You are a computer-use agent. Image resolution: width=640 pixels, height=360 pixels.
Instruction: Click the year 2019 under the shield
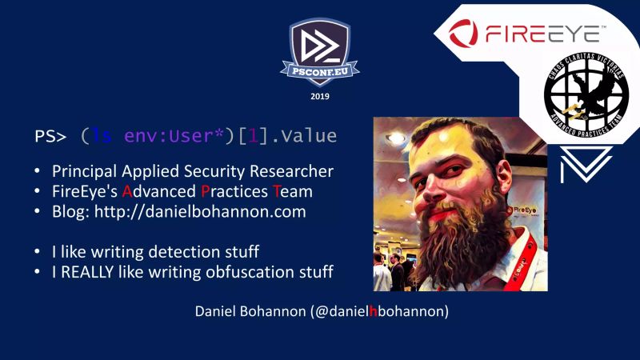coord(319,96)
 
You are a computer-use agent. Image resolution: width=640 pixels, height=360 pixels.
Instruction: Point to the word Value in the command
coord(308,136)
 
